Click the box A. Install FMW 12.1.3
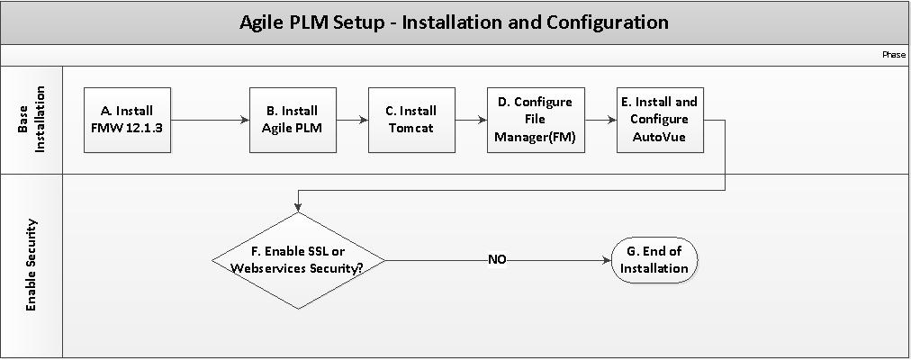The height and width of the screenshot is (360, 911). click(x=127, y=120)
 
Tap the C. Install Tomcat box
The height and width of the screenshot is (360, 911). click(x=410, y=120)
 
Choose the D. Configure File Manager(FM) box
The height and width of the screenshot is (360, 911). click(x=535, y=120)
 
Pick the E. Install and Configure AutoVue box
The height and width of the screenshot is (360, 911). click(x=659, y=120)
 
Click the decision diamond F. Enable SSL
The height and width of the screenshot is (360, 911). click(x=298, y=260)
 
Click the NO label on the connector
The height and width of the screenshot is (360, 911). click(x=497, y=260)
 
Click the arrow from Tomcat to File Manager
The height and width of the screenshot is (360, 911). click(x=470, y=120)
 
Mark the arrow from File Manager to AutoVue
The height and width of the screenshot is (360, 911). click(x=600, y=120)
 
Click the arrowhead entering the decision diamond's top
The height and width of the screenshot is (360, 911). click(x=298, y=208)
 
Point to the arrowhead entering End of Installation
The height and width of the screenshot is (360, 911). click(x=605, y=260)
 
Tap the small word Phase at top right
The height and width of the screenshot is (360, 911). click(x=893, y=55)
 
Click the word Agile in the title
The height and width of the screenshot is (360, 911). click(x=263, y=22)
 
